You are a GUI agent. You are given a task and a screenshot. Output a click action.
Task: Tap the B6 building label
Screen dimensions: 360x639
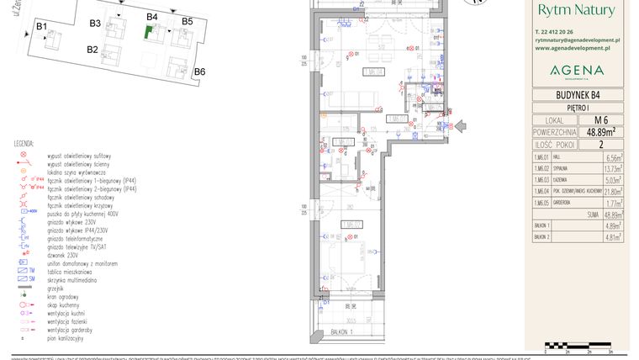click(x=199, y=72)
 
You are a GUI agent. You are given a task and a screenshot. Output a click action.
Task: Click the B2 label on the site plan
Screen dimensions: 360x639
click(x=92, y=50)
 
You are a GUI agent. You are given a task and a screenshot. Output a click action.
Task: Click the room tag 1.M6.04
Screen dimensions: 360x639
click(x=373, y=72)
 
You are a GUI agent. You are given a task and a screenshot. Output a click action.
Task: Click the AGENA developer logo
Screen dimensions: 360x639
click(x=576, y=70)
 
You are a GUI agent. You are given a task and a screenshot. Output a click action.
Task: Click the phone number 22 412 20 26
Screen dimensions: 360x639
click(x=562, y=31)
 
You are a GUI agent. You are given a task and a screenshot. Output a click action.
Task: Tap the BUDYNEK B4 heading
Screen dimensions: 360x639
click(x=576, y=94)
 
